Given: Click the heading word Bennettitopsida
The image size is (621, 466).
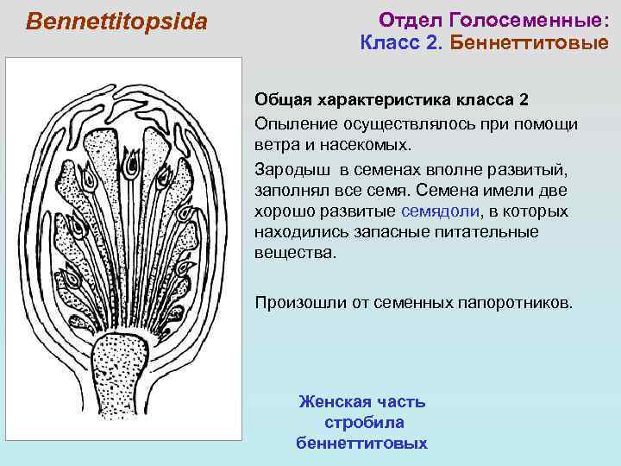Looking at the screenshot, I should (117, 22).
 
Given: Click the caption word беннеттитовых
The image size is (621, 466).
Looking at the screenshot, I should (361, 443).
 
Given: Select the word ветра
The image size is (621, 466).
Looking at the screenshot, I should (276, 144).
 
